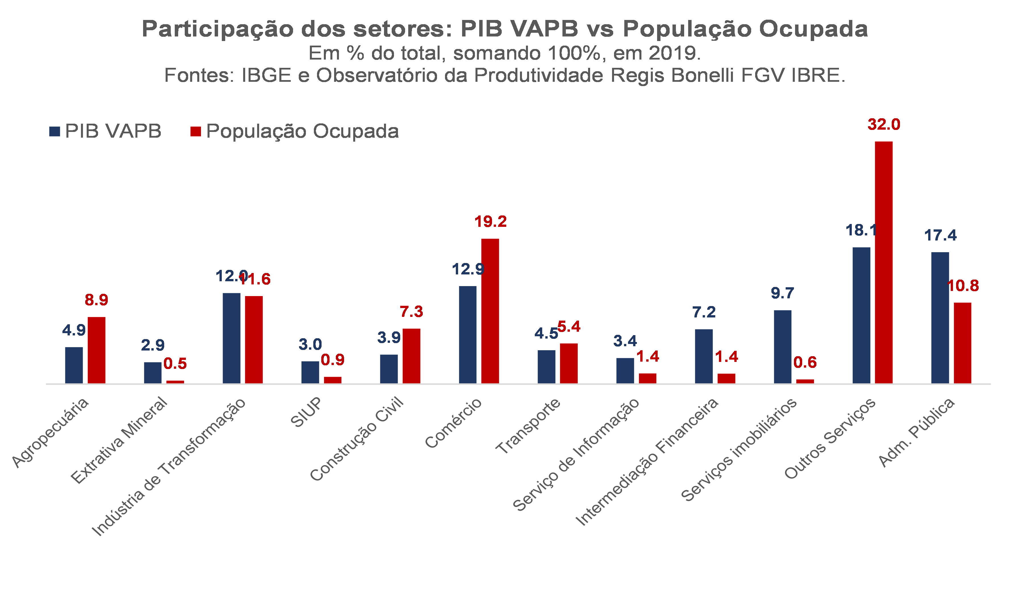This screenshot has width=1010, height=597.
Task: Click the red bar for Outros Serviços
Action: tap(884, 262)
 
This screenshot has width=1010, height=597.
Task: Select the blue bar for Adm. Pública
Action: tap(940, 318)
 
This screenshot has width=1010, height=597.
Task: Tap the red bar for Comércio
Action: tap(490, 311)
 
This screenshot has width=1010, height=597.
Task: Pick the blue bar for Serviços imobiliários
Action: tap(783, 347)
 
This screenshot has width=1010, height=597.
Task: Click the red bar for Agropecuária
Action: tap(97, 350)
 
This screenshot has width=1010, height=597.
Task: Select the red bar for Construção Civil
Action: tap(411, 356)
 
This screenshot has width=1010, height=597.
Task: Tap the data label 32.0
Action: tap(884, 124)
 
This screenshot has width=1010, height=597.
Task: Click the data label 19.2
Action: tap(490, 221)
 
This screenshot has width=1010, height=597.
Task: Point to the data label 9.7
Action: tap(783, 293)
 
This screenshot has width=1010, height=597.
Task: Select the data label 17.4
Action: tap(940, 235)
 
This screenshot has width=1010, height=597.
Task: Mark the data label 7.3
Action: tap(411, 311)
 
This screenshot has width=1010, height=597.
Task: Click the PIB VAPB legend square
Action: tap(55, 132)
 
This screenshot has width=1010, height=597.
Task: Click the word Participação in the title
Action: tap(217, 29)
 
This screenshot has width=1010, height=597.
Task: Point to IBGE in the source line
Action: tap(266, 75)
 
